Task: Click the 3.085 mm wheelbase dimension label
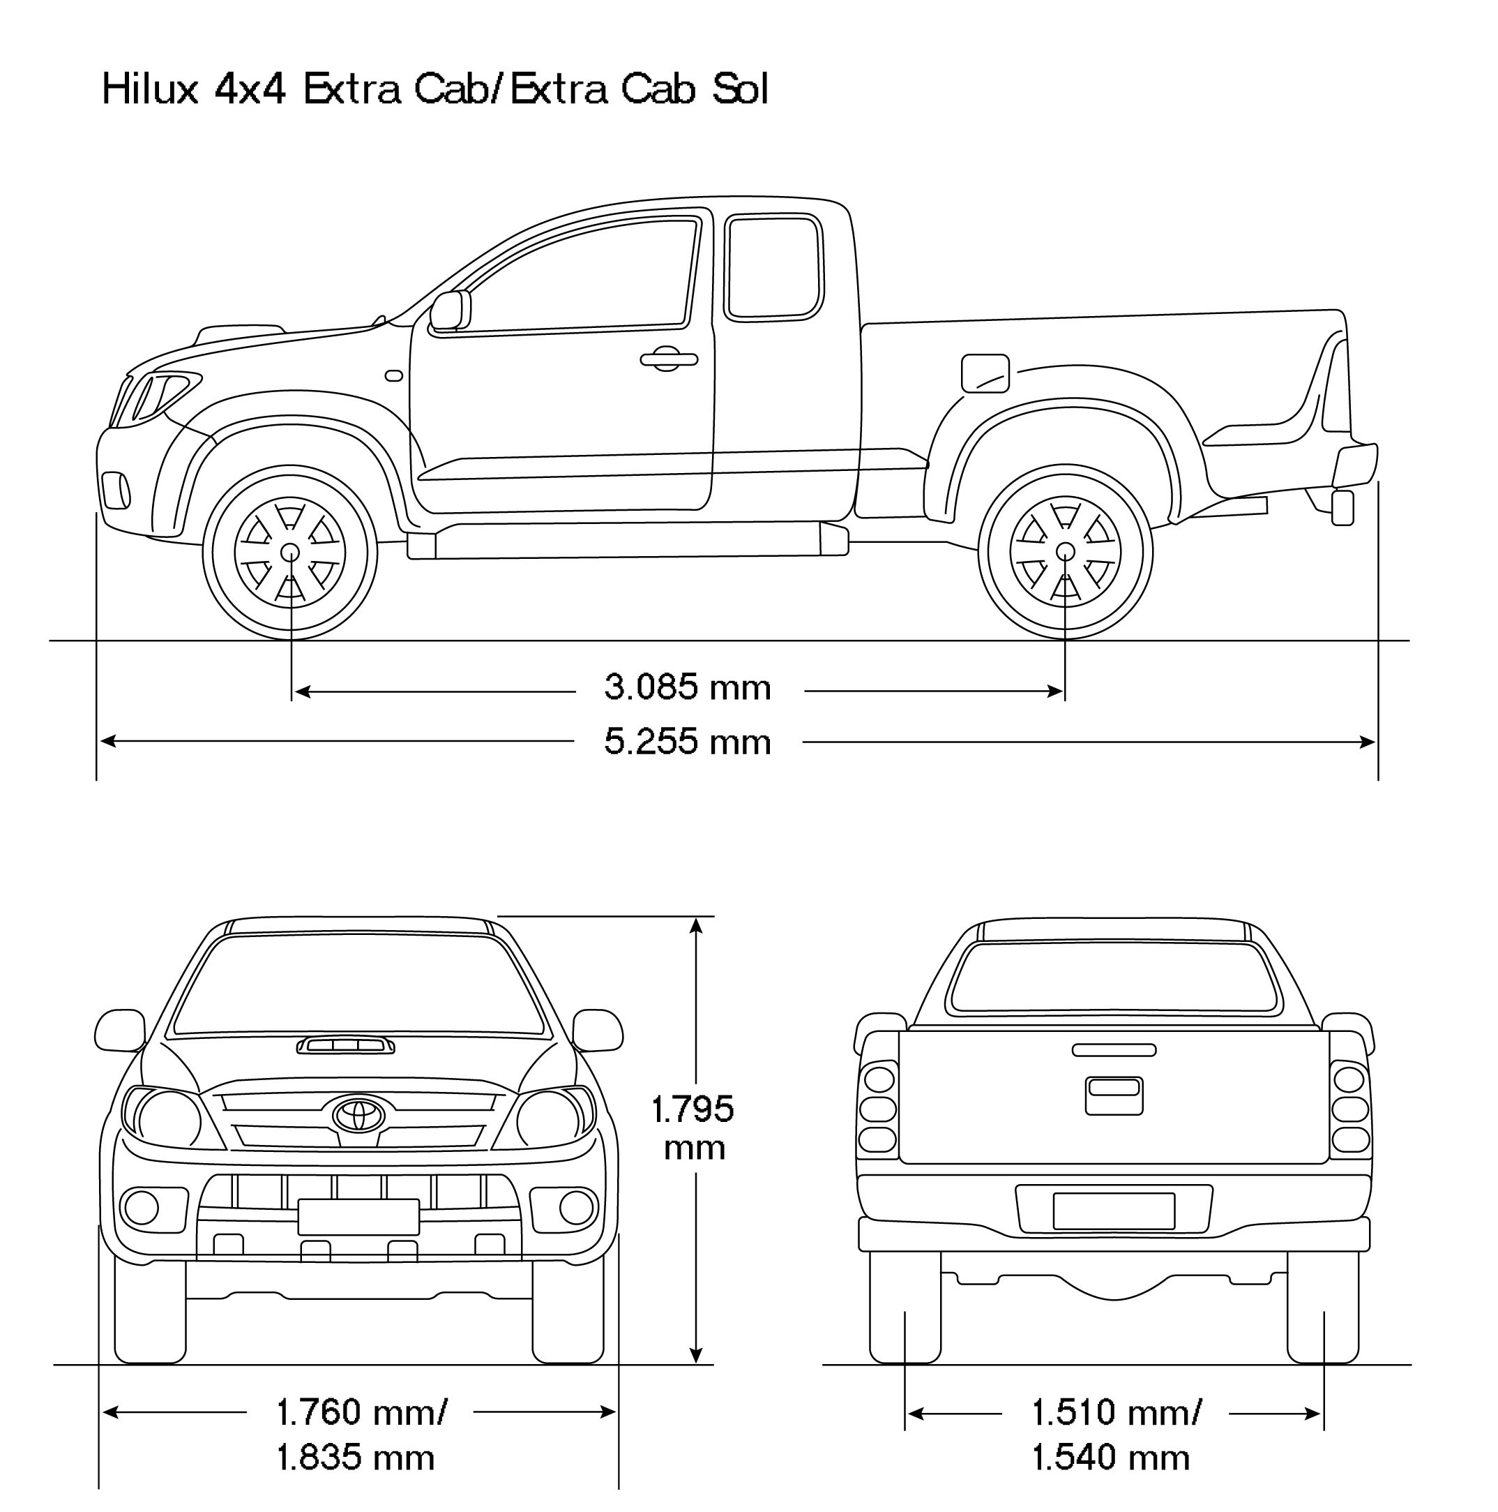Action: [688, 688]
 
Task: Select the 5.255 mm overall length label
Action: [688, 742]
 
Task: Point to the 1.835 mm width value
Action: [356, 1457]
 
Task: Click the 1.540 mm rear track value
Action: [1111, 1457]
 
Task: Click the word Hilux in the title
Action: [149, 89]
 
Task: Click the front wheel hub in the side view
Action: [290, 552]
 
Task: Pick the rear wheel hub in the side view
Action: [1065, 552]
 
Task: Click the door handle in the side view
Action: [668, 360]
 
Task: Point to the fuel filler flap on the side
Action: [985, 373]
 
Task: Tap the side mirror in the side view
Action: [451, 310]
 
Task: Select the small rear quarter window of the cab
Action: [774, 269]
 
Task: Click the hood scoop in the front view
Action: [345, 1046]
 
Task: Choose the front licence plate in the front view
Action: [358, 1217]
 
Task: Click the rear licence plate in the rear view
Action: [1114, 1211]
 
